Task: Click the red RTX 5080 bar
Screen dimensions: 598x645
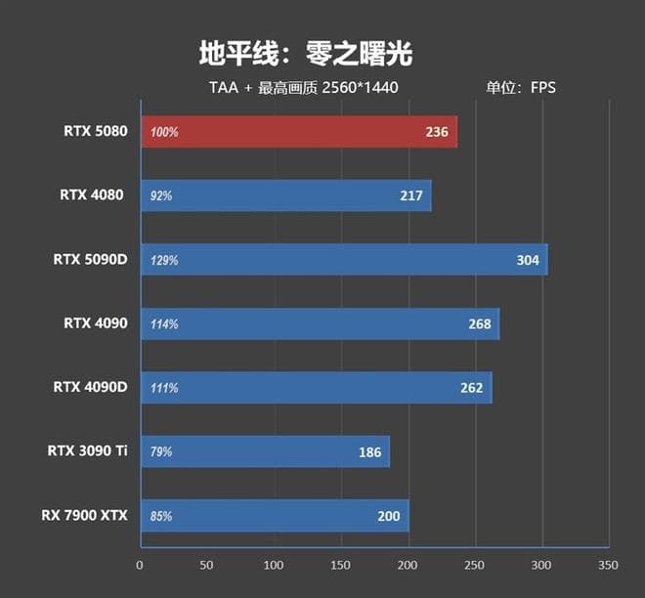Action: coord(298,132)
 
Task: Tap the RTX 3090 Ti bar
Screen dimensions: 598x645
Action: coord(264,451)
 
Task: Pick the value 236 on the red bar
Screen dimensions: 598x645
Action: coord(437,132)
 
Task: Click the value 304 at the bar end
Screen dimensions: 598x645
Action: coord(528,260)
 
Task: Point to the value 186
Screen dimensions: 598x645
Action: coord(369,451)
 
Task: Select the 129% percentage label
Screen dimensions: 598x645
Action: coord(164,261)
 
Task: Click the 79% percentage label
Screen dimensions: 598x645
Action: coord(161,452)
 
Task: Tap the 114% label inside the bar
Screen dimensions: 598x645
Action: coord(164,324)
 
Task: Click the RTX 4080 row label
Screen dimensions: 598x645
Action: coord(93,195)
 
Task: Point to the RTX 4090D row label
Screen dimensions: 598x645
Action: coord(90,387)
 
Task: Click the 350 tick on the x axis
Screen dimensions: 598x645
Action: coord(608,565)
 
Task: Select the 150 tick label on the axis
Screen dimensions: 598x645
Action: coord(341,565)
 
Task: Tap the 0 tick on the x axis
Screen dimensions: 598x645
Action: coord(140,565)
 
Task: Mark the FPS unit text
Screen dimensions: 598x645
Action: coord(542,87)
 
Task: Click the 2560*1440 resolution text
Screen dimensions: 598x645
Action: coord(360,87)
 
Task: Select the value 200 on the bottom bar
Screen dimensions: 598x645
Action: coord(389,515)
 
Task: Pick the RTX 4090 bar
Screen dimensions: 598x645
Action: coord(320,323)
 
